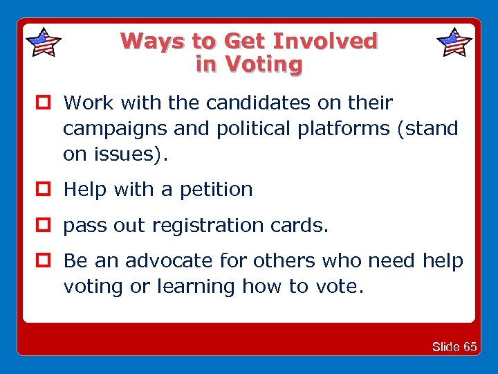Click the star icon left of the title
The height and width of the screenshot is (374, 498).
point(43,42)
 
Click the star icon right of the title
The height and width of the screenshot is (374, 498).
point(455,42)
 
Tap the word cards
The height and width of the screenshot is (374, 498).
point(299,226)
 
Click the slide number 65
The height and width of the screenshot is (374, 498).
point(470,346)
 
